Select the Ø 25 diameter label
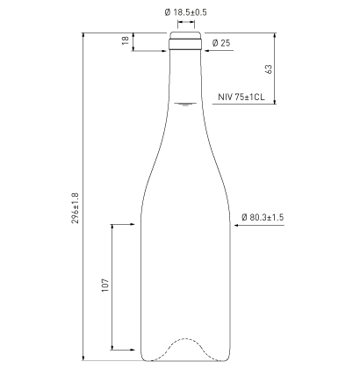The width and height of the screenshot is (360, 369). (220, 43)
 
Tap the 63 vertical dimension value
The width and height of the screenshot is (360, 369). (268, 69)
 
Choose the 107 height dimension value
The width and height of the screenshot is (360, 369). (104, 286)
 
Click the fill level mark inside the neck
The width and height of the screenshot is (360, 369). (185, 105)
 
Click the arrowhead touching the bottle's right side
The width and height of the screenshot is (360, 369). (234, 226)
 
